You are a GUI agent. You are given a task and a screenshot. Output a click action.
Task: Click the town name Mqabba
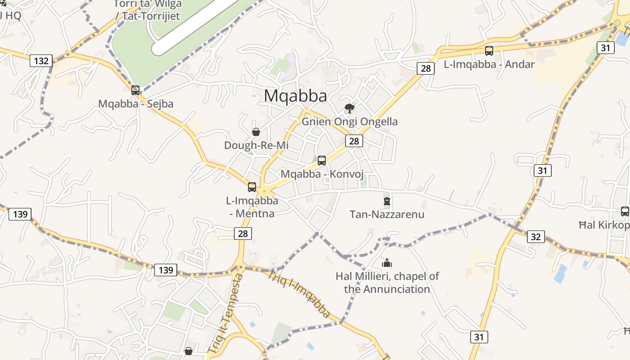click(295, 96)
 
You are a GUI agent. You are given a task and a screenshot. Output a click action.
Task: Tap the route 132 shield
click(41, 60)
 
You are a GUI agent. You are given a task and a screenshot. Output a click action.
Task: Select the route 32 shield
click(535, 237)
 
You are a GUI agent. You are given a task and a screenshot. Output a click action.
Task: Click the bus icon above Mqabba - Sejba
click(135, 90)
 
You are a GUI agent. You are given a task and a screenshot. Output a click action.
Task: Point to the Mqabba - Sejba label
click(135, 103)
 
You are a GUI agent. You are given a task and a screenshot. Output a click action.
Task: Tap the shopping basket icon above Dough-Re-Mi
click(256, 132)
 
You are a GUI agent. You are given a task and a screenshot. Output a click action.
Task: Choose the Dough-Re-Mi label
click(256, 145)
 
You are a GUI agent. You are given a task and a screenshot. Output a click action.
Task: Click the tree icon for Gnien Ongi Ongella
click(349, 108)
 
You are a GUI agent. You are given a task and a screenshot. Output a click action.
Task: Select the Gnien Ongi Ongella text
click(350, 121)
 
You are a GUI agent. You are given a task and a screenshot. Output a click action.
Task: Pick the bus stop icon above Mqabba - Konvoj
click(322, 160)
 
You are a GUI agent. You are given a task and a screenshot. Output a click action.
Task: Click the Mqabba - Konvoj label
click(322, 174)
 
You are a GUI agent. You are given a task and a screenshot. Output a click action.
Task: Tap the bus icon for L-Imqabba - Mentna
click(252, 187)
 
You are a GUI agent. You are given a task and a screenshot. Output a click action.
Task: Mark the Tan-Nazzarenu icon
click(387, 201)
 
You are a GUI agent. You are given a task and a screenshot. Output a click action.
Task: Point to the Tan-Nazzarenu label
click(387, 214)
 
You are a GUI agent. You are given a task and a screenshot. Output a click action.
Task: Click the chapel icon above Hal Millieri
click(387, 263)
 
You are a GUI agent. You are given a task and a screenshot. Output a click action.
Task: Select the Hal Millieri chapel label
click(387, 282)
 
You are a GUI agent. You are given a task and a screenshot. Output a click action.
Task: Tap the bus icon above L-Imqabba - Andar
click(489, 51)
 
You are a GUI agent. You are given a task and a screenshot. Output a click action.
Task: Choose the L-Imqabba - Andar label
click(489, 64)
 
